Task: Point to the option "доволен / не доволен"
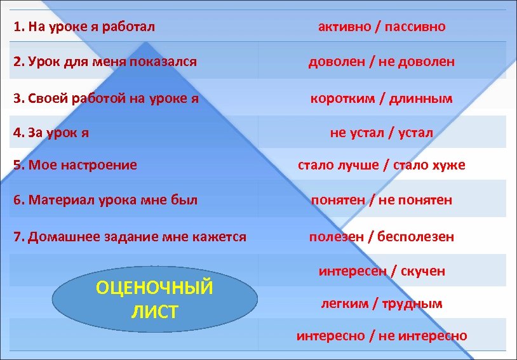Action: (x=381, y=62)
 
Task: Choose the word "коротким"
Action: (x=344, y=98)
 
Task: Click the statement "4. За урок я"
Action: (x=51, y=133)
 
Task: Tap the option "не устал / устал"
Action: (x=381, y=133)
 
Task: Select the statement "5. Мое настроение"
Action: (x=75, y=165)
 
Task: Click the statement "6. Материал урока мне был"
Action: (x=105, y=200)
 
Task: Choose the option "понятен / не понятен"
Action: (x=381, y=200)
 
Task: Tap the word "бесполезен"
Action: (x=416, y=237)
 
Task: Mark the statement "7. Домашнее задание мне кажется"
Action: (x=130, y=237)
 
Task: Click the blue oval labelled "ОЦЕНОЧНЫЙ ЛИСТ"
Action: (x=154, y=299)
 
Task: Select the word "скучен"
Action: (x=423, y=271)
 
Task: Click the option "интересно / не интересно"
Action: (x=381, y=336)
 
